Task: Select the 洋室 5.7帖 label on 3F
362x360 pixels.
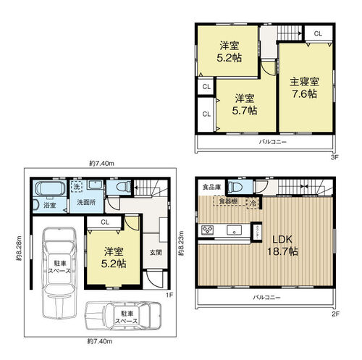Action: pyautogui.click(x=244, y=104)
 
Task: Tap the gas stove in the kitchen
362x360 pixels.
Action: pyautogui.click(x=208, y=230)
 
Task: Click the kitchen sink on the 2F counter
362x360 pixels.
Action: pyautogui.click(x=235, y=231)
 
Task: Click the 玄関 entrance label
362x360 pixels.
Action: pyautogui.click(x=155, y=252)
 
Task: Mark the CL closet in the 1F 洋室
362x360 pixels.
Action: pyautogui.click(x=106, y=222)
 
